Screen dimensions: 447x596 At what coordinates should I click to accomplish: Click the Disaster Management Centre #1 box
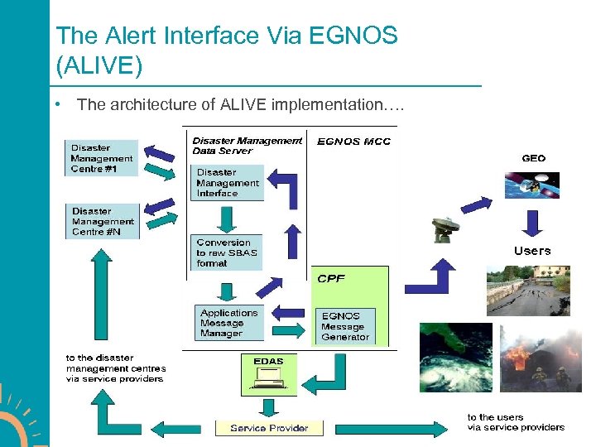pyautogui.click(x=102, y=158)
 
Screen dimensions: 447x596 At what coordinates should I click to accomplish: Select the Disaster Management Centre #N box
pyautogui.click(x=102, y=221)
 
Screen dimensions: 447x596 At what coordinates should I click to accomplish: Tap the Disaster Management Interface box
pyautogui.click(x=228, y=183)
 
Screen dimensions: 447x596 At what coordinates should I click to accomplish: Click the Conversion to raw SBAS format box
pyautogui.click(x=228, y=253)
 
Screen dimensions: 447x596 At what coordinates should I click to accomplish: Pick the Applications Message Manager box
pyautogui.click(x=231, y=323)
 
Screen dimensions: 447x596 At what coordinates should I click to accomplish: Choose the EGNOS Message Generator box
pyautogui.click(x=346, y=326)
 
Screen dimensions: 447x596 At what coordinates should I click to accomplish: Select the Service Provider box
pyautogui.click(x=269, y=428)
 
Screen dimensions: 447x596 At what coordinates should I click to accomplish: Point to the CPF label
pyautogui.click(x=331, y=278)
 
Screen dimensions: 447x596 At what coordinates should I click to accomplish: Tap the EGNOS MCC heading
pyautogui.click(x=354, y=142)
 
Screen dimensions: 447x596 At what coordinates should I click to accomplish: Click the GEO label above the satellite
pyautogui.click(x=533, y=158)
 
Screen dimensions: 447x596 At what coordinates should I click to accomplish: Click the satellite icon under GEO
pyautogui.click(x=532, y=185)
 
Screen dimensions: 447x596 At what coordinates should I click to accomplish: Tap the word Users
pyautogui.click(x=531, y=251)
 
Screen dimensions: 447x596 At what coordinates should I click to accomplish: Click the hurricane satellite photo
pyautogui.click(x=455, y=357)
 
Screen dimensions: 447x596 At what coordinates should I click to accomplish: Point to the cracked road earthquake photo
pyautogui.click(x=528, y=291)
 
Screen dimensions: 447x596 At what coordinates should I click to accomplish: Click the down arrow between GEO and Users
pyautogui.click(x=532, y=222)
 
